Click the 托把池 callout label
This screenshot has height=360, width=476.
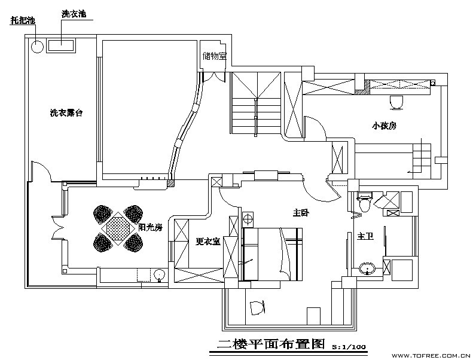pos(23,20)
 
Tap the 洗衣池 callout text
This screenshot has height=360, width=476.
pos(74,14)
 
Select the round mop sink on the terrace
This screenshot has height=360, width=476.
pos(37,47)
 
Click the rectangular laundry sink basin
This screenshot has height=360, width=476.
pos(61,46)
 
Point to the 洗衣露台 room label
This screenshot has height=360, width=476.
pos(66,113)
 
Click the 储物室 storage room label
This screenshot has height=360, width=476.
pos(215,56)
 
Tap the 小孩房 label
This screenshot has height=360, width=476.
pos(385,126)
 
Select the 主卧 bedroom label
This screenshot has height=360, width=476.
pos(301,213)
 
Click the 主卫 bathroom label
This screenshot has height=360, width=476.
pos(365,236)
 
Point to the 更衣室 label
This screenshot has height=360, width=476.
pos(208,242)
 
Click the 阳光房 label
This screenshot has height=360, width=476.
pos(151,227)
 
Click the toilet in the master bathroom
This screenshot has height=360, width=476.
pos(365,202)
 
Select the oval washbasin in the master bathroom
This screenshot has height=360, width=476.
pos(367,269)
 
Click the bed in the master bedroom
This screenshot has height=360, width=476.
pos(273,254)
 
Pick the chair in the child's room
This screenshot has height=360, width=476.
pos(396,103)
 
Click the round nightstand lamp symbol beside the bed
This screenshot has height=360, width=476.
pos(248,219)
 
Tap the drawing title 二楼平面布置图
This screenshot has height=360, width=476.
pos(271,344)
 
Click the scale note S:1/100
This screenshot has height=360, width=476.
pos(349,347)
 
